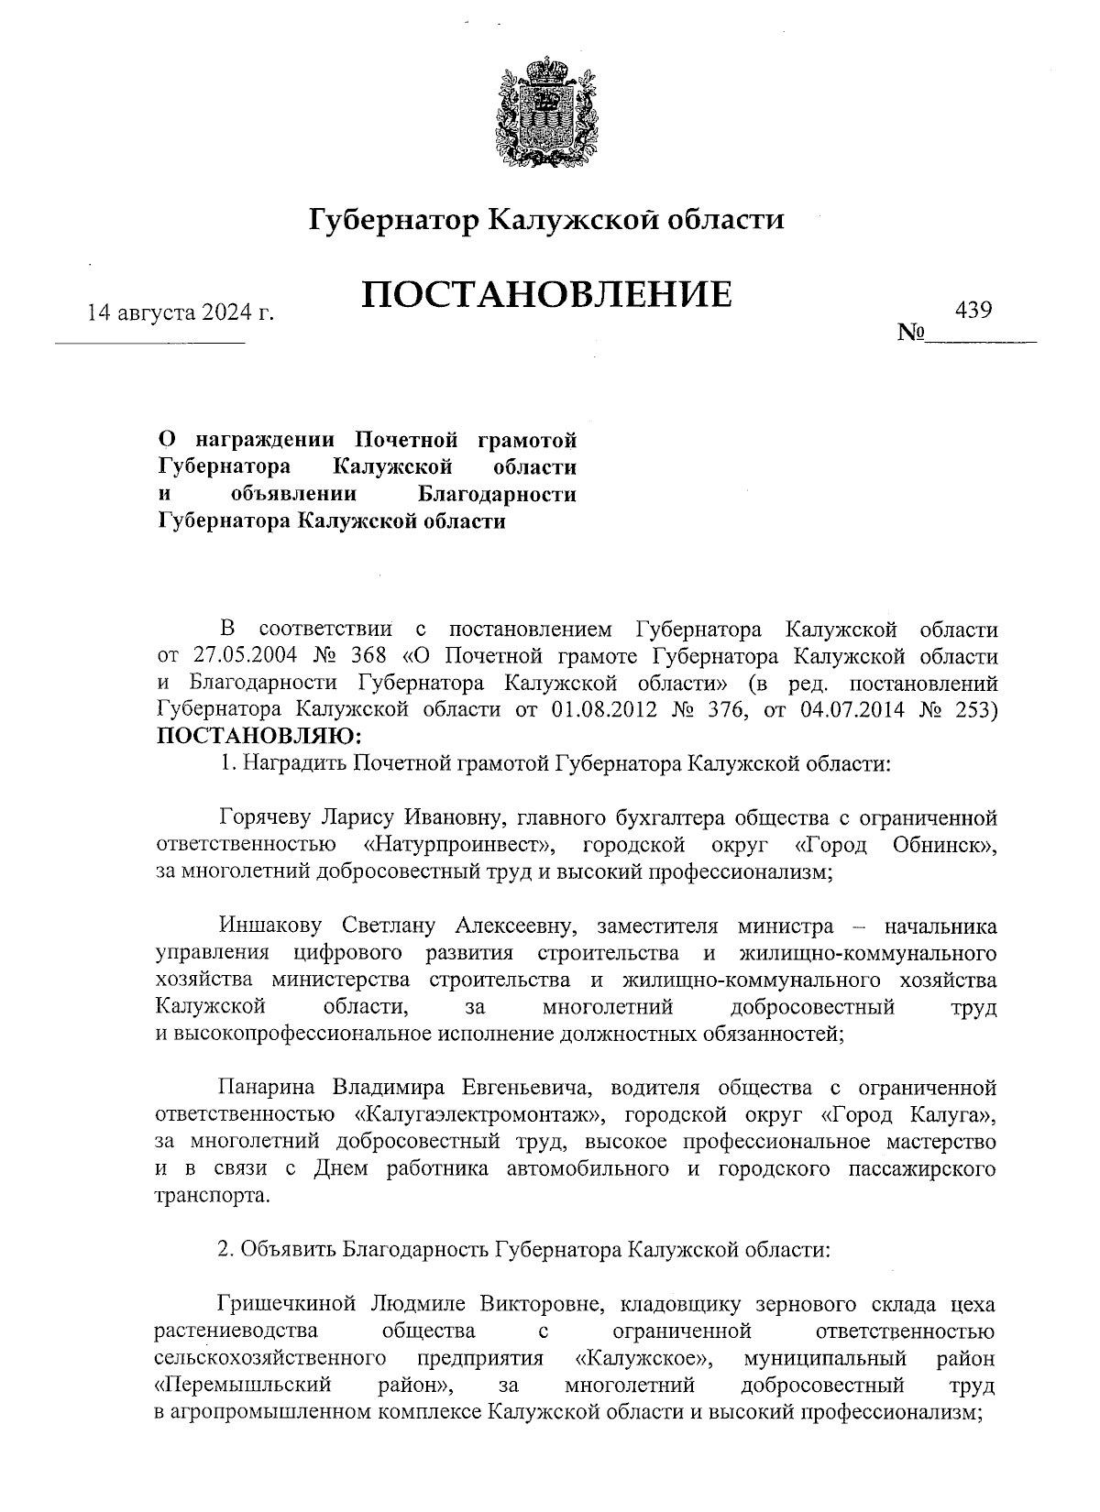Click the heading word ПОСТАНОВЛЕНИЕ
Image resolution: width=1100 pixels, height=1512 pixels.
pyautogui.click(x=547, y=295)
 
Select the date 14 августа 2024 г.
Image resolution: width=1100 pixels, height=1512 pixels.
pyautogui.click(x=181, y=313)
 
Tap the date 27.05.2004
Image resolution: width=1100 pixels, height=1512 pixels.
pyautogui.click(x=241, y=656)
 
